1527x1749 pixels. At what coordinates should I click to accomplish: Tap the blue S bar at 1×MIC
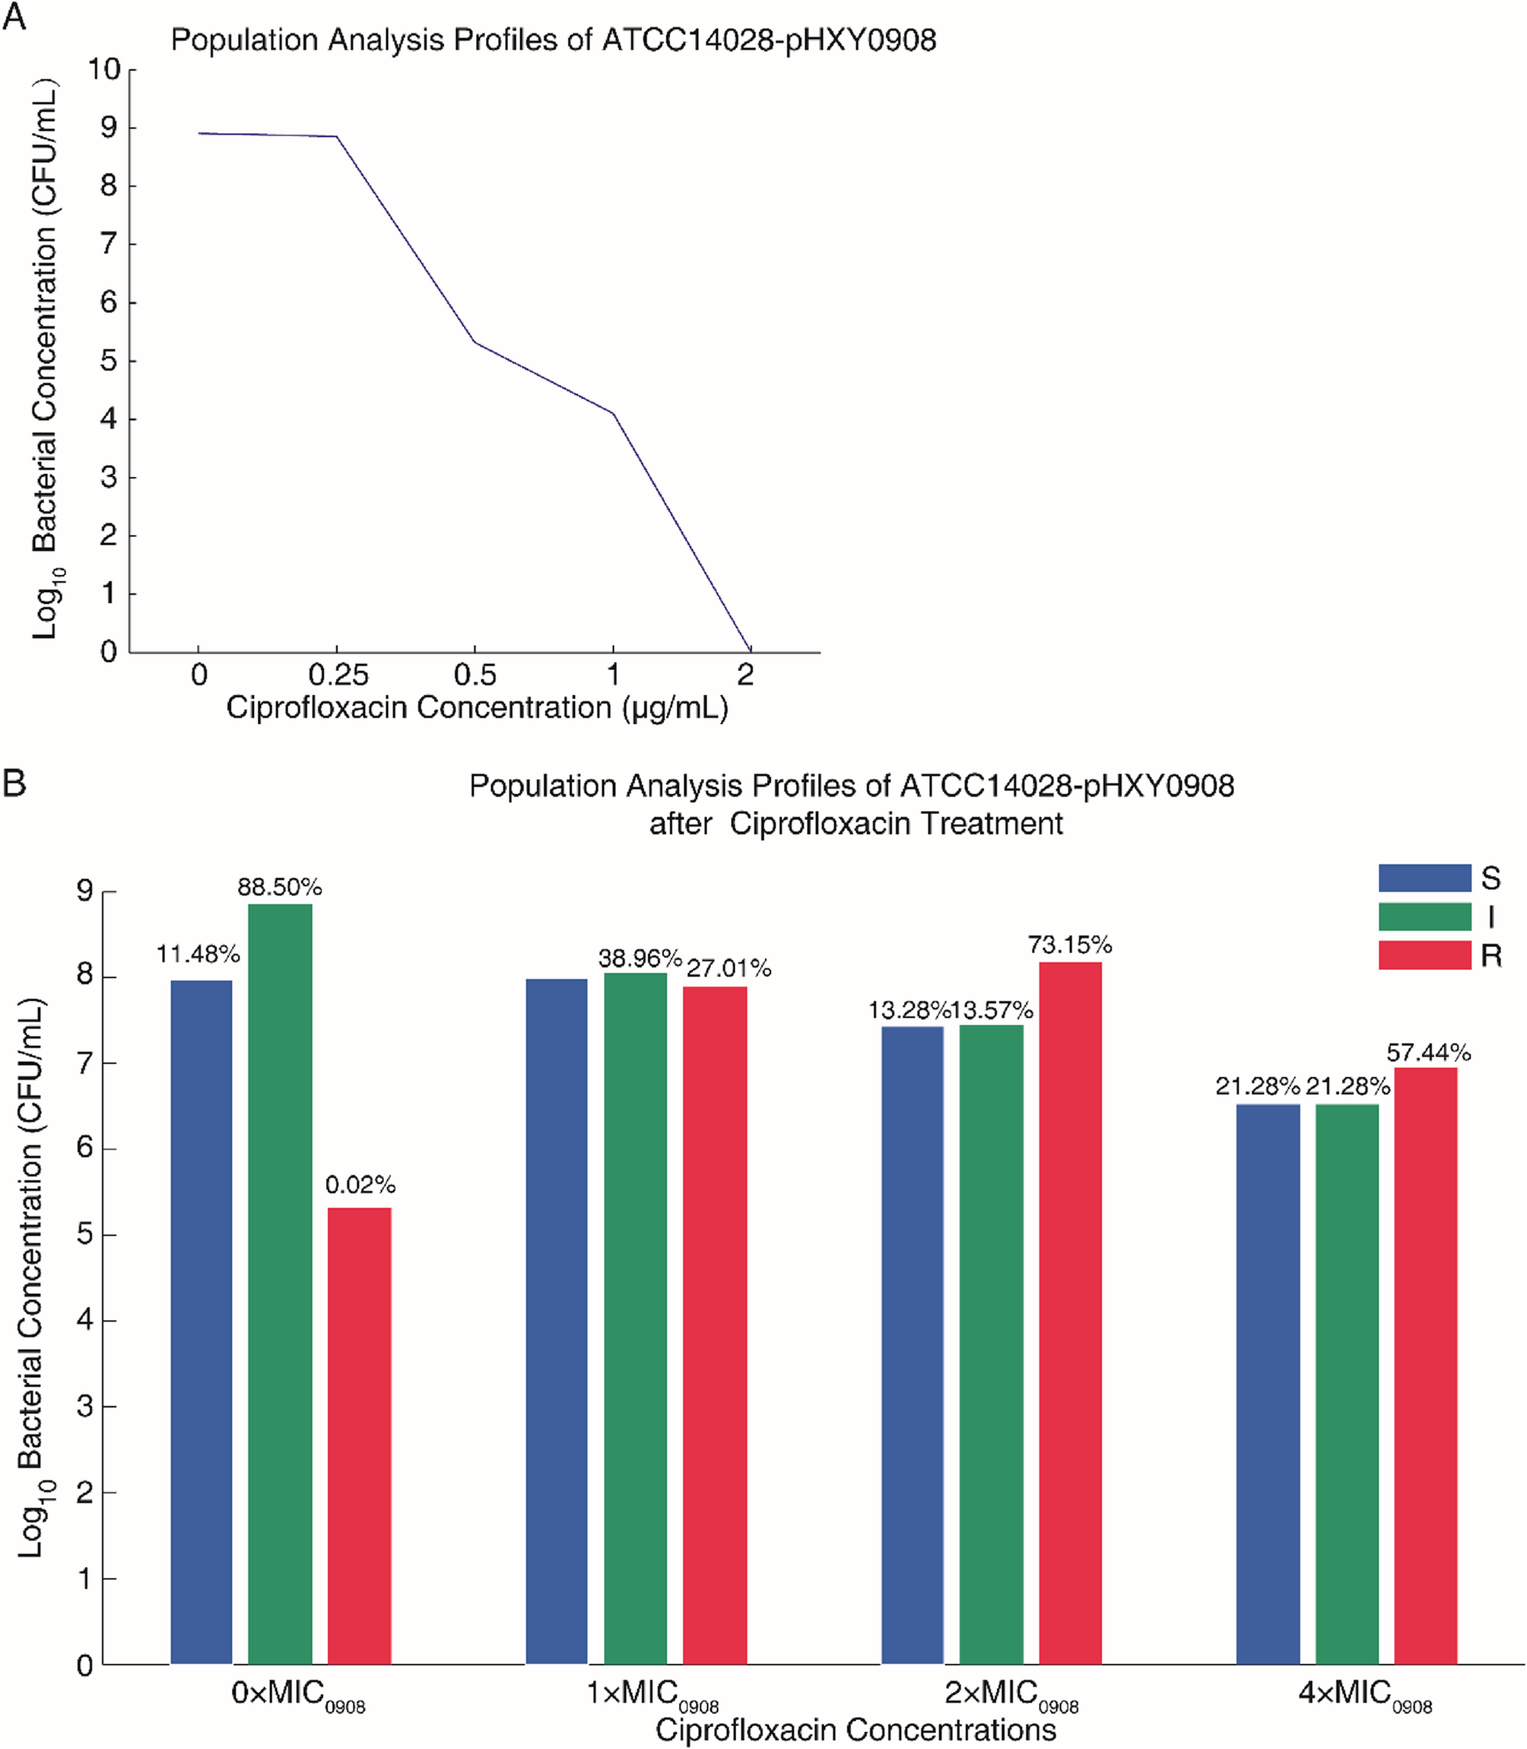(x=557, y=1321)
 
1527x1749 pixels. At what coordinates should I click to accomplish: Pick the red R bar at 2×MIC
(x=1069, y=1312)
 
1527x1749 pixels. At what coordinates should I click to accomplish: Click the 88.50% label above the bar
(x=280, y=887)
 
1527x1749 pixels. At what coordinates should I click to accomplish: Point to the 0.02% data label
(x=360, y=1185)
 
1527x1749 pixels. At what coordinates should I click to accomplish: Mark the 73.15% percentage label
(x=1069, y=944)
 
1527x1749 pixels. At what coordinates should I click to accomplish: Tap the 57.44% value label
(x=1428, y=1053)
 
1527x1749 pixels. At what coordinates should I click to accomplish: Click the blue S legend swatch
(x=1425, y=878)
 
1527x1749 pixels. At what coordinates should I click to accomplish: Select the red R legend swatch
(x=1425, y=956)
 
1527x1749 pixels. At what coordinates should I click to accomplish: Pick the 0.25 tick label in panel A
(x=338, y=675)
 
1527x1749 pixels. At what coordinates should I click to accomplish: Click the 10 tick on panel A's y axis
(x=104, y=69)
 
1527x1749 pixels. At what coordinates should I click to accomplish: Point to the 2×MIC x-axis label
(x=1011, y=1693)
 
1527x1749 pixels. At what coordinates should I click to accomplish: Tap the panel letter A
(x=14, y=17)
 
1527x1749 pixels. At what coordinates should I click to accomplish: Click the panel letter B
(x=14, y=782)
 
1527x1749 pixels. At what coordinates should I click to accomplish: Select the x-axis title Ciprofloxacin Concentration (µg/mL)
(x=478, y=708)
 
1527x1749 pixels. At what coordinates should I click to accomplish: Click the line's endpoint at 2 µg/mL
(x=750, y=651)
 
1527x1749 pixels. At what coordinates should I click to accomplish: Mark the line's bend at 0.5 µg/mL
(x=475, y=342)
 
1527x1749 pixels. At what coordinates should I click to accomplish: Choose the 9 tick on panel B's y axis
(x=85, y=892)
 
